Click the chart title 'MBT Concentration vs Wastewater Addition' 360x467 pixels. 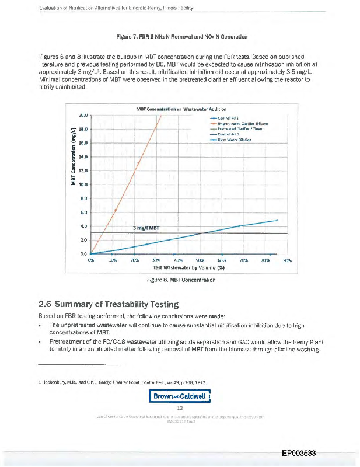click(181, 109)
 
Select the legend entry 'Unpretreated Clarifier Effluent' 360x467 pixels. click(250, 124)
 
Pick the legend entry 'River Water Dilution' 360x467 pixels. click(239, 139)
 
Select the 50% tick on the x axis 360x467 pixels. click(200, 261)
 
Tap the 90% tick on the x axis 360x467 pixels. click(287, 261)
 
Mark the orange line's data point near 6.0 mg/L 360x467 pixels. click(116, 210)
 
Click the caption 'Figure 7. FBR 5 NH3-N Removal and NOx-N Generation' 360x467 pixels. click(180, 37)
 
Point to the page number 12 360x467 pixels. click(180, 408)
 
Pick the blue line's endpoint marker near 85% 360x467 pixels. click(277, 221)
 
